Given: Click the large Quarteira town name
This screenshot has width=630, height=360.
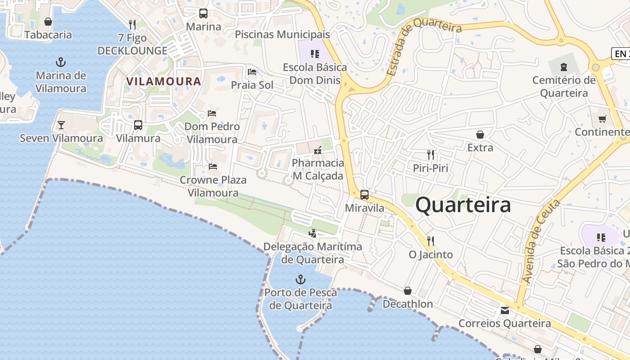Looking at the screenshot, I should click(x=463, y=205).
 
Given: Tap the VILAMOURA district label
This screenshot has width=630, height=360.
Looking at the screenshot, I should click(x=163, y=81).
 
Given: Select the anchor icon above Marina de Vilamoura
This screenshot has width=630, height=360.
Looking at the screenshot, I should click(x=61, y=62).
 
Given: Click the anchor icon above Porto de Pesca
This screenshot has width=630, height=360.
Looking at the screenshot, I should click(x=300, y=280).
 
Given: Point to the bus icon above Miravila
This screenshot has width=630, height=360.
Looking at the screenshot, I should click(x=364, y=195).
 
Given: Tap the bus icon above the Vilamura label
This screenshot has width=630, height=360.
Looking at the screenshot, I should click(x=138, y=125).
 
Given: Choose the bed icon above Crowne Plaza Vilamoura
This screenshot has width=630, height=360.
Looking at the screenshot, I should click(x=213, y=166).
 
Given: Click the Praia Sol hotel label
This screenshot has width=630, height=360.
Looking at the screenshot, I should click(x=252, y=85).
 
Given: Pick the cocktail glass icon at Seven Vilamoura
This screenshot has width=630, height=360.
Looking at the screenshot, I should click(x=61, y=125).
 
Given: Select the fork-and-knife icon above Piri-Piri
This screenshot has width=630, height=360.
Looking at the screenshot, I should click(x=431, y=155).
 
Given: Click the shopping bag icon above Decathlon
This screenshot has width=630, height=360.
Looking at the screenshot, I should click(x=408, y=291).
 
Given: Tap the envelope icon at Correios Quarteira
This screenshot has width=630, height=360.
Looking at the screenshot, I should click(x=504, y=310).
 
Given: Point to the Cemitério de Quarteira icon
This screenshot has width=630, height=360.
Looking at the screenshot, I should click(x=563, y=67).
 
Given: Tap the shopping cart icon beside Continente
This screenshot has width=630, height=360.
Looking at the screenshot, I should click(x=602, y=119).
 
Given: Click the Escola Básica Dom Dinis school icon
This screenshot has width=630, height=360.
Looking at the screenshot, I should click(x=315, y=54).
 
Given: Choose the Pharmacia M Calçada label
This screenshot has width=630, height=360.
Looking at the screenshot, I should click(x=318, y=169).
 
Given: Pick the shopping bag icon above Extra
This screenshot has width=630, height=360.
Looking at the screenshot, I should click(x=480, y=135).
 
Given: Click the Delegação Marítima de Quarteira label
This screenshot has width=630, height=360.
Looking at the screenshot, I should click(x=313, y=253).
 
